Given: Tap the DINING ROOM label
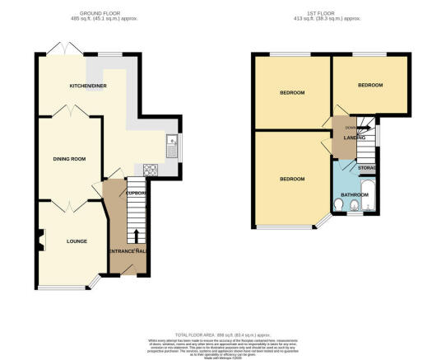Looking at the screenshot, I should [x=70, y=158].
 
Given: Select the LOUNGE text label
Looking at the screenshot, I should [x=67, y=241].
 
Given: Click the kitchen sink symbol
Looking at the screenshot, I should [x=170, y=147].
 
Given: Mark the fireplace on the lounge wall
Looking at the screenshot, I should [x=39, y=242].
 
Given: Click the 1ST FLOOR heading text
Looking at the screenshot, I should [x=332, y=12].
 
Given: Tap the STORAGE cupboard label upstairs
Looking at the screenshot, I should [x=367, y=168].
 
